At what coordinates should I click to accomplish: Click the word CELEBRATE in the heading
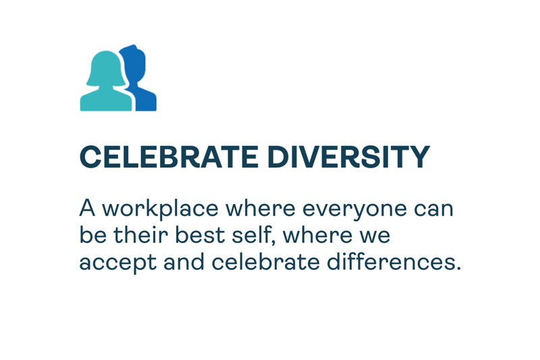point(169,157)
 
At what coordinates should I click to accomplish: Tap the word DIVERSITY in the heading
point(348,157)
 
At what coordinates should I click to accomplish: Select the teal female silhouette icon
point(106,81)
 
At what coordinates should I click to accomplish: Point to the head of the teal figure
point(106,68)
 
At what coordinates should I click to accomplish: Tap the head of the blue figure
point(135,62)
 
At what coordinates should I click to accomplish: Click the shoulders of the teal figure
point(106,100)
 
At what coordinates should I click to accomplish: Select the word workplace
point(161,209)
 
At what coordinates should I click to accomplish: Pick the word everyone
point(354,210)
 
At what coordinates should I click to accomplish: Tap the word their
point(140,234)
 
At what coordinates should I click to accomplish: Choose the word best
point(200,234)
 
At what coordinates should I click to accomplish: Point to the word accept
point(118,263)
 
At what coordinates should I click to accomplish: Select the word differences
point(394,261)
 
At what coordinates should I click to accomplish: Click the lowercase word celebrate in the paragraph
point(265,261)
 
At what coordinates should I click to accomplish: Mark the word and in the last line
point(184,261)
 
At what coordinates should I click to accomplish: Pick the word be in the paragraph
point(93,234)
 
